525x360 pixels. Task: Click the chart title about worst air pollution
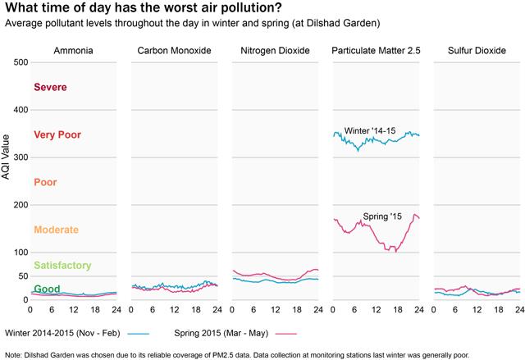click(144, 7)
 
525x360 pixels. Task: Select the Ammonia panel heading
click(73, 51)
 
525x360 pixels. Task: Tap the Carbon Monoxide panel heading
click(174, 51)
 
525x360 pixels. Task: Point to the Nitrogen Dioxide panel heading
click(276, 51)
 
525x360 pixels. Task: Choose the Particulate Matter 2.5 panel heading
click(376, 51)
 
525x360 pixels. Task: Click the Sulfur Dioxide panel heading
click(477, 51)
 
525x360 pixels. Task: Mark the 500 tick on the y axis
click(21, 62)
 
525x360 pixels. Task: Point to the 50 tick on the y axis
click(23, 276)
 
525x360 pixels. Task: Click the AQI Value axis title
click(6, 157)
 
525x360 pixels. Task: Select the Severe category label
click(50, 87)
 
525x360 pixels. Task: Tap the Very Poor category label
click(57, 134)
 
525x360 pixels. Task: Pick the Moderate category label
click(57, 230)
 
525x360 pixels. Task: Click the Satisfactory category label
click(62, 266)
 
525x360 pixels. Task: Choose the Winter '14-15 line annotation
click(370, 131)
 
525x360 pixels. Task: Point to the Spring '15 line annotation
click(382, 216)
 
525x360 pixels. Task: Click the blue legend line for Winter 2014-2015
click(139, 334)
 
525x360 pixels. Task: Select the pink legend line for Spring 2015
click(286, 334)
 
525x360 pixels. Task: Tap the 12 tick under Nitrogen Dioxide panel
click(276, 309)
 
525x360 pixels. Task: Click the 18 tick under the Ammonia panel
click(95, 309)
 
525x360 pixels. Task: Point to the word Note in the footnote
click(13, 355)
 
